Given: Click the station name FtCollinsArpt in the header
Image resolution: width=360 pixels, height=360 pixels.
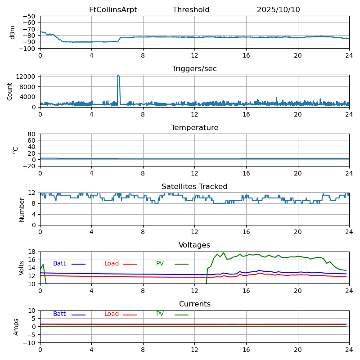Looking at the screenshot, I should click(x=113, y=10).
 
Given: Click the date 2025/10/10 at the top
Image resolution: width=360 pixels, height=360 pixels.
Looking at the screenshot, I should click(x=278, y=10).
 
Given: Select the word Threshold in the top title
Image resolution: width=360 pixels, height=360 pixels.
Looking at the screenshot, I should click(x=191, y=10).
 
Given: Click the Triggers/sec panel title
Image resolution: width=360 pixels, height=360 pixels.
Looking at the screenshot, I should click(x=194, y=69).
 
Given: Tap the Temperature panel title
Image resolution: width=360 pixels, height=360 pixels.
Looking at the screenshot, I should click(x=194, y=128).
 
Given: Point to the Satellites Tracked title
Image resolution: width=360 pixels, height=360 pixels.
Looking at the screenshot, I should click(x=194, y=187).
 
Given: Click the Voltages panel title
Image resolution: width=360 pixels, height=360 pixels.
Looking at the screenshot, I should click(x=194, y=245).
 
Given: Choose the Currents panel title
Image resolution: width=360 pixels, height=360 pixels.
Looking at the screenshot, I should click(x=194, y=304).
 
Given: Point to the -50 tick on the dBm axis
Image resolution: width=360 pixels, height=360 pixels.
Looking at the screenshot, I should click(x=29, y=16).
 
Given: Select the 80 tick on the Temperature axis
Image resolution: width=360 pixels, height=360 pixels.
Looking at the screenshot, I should click(x=32, y=134).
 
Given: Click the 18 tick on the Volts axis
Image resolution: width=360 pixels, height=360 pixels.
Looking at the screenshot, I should click(x=32, y=252).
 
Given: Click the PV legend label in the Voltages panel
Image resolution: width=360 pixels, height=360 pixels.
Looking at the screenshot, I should click(x=160, y=264).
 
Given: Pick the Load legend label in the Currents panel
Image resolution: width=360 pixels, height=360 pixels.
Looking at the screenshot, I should click(x=112, y=314).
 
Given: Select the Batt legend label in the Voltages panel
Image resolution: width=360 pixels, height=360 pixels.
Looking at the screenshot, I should click(x=59, y=264).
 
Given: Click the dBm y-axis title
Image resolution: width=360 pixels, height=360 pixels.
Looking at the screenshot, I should click(x=13, y=32).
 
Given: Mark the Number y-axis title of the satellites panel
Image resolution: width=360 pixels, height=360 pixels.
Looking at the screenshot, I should click(x=22, y=209).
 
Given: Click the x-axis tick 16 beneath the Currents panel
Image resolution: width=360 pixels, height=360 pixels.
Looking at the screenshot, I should click(x=246, y=350).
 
